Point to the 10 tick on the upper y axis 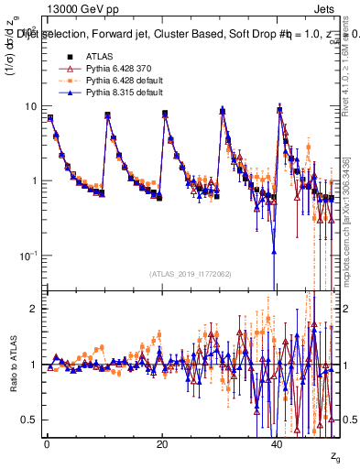(x=30, y=106)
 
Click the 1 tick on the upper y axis (x=33, y=180)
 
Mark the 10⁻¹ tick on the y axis (x=27, y=255)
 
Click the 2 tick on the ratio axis (x=33, y=309)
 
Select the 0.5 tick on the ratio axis (x=28, y=420)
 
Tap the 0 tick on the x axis (x=47, y=443)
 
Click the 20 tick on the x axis (x=162, y=443)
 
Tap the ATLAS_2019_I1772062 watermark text (x=190, y=274)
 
